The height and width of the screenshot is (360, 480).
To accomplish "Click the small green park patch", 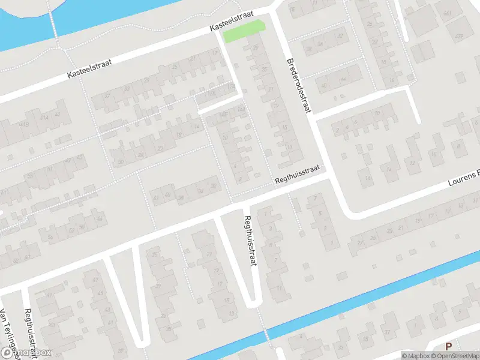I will (x=244, y=32).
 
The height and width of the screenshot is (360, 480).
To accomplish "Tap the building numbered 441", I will (x=447, y=14).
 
